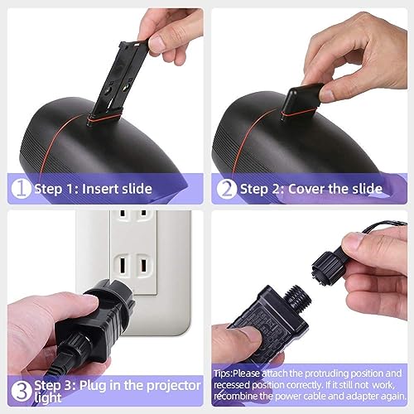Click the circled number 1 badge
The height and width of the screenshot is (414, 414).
(x=21, y=189)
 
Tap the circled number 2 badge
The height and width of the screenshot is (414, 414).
(x=226, y=189)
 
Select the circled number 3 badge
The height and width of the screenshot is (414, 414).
(x=22, y=391)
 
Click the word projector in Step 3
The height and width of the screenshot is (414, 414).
(x=173, y=386)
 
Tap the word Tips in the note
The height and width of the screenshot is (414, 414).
(x=223, y=373)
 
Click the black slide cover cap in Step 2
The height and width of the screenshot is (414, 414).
(x=302, y=98)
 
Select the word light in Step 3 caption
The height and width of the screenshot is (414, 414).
(x=48, y=397)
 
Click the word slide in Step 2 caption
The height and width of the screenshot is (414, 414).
(x=368, y=189)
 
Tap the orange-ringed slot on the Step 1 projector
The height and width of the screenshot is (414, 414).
(x=103, y=119)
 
